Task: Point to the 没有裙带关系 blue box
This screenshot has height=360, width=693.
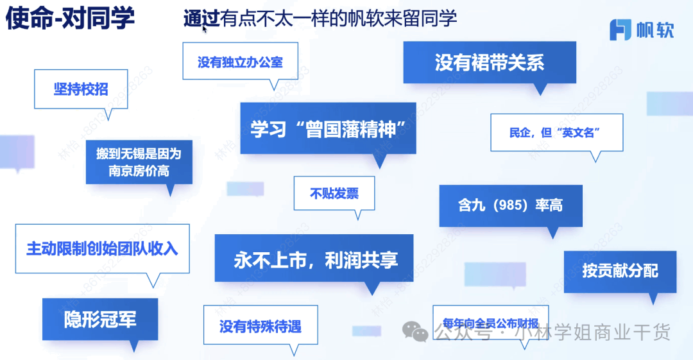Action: coord(489,62)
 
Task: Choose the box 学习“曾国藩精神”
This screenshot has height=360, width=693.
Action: coord(328,128)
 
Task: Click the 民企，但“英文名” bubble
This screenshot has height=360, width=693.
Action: coord(556,133)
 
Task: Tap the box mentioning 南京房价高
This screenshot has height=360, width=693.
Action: coord(139,162)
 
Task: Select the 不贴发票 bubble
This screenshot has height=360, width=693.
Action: coord(334,193)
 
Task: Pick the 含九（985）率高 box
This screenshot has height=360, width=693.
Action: coord(511,205)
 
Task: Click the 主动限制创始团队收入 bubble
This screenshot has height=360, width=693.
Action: coord(102,248)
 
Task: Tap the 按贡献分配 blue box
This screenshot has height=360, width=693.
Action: coord(620,270)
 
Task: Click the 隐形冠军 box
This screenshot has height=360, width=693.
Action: coord(99,319)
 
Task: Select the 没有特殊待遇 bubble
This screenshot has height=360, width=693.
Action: coord(260,327)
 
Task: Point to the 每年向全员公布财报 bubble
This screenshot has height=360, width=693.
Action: coord(490,323)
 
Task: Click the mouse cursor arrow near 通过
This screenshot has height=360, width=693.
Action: coord(205,28)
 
